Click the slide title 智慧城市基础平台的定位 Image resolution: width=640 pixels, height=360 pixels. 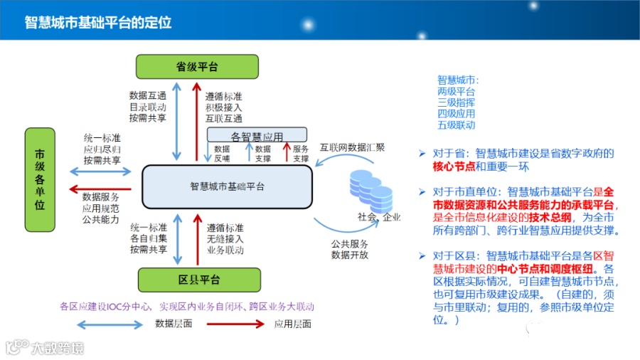[98, 22]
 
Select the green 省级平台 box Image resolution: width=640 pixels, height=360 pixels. [196, 67]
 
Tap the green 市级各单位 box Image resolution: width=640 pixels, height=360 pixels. [40, 180]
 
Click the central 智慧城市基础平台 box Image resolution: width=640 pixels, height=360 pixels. [227, 186]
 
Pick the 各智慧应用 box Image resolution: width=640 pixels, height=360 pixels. [257, 135]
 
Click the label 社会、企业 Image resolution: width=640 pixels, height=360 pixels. [379, 217]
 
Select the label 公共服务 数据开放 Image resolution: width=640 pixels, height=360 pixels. [349, 249]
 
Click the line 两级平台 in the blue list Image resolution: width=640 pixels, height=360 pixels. [456, 91]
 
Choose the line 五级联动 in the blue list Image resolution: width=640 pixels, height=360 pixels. [456, 125]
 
